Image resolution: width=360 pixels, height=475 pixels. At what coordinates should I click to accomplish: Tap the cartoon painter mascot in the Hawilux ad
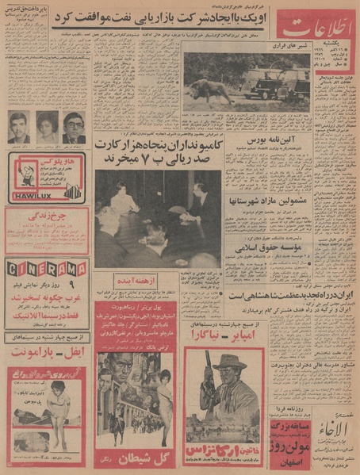(x=21, y=172)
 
